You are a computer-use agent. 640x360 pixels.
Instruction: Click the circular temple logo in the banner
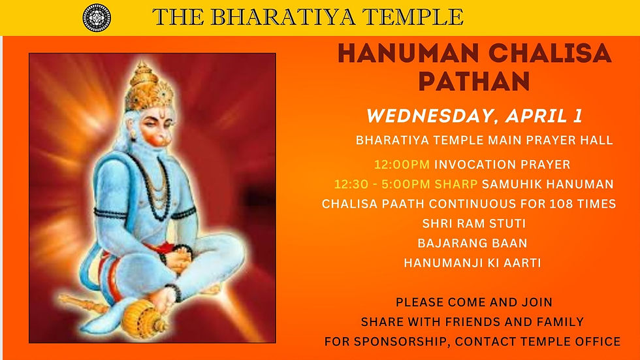coord(97,18)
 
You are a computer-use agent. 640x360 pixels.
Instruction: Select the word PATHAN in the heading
coord(474,81)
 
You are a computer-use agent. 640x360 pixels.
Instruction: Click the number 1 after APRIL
coord(577,116)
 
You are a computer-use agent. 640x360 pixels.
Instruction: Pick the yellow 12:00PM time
coord(402,165)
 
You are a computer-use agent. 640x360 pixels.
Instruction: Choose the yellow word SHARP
coord(456,184)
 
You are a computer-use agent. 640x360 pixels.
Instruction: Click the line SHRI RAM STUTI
coord(474,223)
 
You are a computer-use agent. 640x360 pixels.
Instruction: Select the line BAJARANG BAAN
coord(472,243)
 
